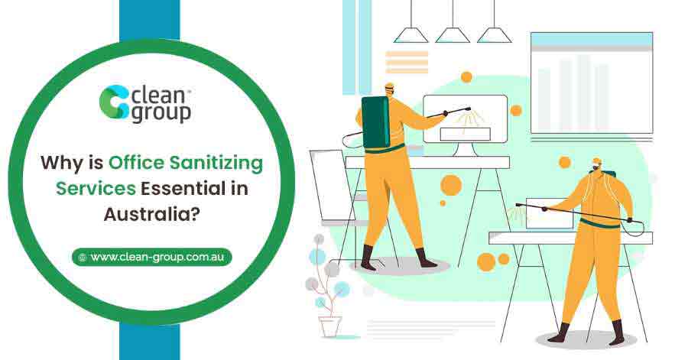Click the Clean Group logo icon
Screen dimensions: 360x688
[x=115, y=102]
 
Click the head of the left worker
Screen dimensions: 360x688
[x=389, y=91]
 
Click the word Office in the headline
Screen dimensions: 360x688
[x=132, y=163]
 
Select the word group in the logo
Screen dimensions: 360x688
[x=161, y=113]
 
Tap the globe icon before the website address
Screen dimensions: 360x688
[x=82, y=258]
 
